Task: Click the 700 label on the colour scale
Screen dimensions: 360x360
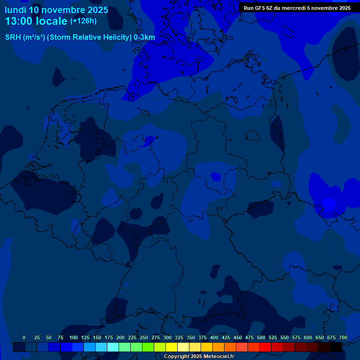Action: click(343, 337)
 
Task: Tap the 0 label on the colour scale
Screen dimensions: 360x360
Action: click(24, 337)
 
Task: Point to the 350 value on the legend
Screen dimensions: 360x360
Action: click(191, 337)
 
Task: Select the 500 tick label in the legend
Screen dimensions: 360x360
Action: click(261, 337)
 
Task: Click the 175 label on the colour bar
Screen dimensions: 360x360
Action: click(109, 337)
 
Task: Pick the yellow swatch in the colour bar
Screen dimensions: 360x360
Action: click(172, 347)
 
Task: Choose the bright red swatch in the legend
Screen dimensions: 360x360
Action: click(265, 347)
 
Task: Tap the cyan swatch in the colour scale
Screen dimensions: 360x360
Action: click(113, 347)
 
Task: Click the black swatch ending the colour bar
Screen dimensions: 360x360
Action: click(336, 347)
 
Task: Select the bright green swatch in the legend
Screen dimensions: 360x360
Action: click(148, 347)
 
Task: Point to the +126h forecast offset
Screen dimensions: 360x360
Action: click(83, 21)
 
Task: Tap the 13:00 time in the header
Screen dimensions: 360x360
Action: click(19, 21)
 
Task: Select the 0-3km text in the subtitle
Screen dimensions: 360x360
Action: click(144, 37)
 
